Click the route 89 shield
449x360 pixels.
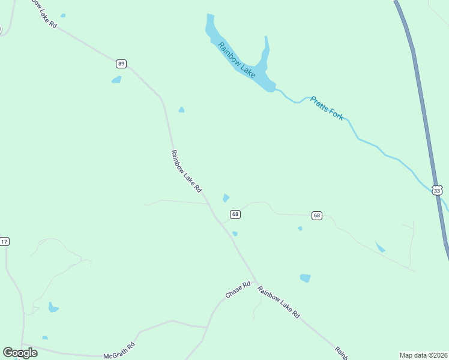(121, 63)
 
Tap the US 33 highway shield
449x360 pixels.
(437, 190)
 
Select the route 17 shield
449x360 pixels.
(4, 241)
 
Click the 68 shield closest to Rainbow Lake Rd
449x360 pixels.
(235, 214)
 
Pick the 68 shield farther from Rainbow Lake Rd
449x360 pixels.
(317, 215)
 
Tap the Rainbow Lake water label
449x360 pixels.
(237, 59)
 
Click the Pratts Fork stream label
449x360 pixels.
(327, 109)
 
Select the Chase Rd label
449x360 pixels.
(237, 290)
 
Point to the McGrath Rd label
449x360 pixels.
(119, 347)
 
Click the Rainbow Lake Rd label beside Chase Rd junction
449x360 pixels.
(279, 302)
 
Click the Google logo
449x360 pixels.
(20, 352)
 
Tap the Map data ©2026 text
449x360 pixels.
(423, 355)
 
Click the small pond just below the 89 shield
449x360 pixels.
(116, 79)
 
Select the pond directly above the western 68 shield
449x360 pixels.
(226, 197)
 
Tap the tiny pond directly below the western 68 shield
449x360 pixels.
(235, 233)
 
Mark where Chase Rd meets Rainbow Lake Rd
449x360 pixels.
(257, 282)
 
